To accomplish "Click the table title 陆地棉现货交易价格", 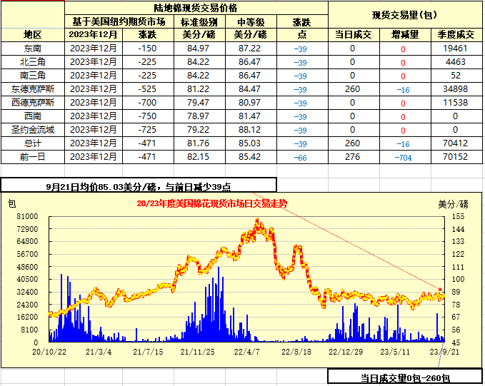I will (x=196, y=7).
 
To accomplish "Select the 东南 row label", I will (x=32, y=49).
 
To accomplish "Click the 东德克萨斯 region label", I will (x=32, y=89).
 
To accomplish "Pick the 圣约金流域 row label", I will (x=32, y=130).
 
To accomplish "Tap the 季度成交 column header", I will (x=455, y=34).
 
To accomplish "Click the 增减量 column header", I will (x=404, y=34).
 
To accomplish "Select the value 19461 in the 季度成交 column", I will (x=455, y=49).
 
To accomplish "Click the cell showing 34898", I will (x=455, y=89).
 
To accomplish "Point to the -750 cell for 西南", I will (x=147, y=116).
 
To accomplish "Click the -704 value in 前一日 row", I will (x=404, y=157).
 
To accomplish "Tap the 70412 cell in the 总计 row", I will (x=455, y=143).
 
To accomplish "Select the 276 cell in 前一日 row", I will (x=352, y=157).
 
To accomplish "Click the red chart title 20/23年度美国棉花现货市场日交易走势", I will (x=211, y=203).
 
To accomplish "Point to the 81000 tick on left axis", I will (x=27, y=215).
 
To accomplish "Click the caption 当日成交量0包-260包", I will (x=405, y=377).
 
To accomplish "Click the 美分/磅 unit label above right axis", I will (x=454, y=203).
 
